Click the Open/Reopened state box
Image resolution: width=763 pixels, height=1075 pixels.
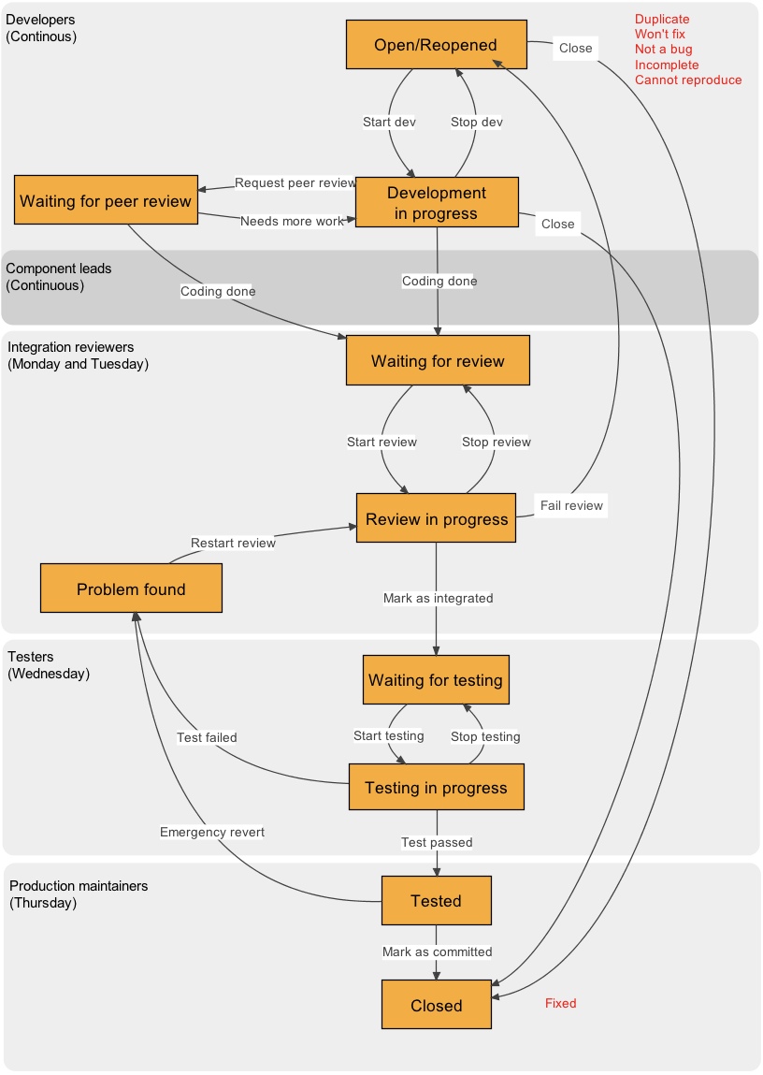pyautogui.click(x=436, y=45)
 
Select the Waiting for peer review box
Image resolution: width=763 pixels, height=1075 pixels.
pyautogui.click(x=106, y=200)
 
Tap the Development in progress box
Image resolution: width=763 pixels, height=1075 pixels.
pyautogui.click(x=437, y=203)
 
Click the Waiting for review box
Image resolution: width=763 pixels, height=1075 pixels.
pyautogui.click(x=438, y=361)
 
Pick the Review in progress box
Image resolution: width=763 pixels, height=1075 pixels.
pyautogui.click(x=436, y=519)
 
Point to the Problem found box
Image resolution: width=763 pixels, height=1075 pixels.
pyautogui.click(x=131, y=588)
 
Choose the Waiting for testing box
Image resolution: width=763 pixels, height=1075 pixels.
pyautogui.click(x=436, y=680)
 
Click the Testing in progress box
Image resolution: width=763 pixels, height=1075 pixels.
pyautogui.click(x=436, y=787)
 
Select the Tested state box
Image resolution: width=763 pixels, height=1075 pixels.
pyautogui.click(x=436, y=901)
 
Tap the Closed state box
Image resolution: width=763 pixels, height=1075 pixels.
pyautogui.click(x=436, y=1006)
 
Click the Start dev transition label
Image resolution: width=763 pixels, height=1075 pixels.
pyautogui.click(x=389, y=122)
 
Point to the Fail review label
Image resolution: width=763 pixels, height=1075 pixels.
pyautogui.click(x=571, y=505)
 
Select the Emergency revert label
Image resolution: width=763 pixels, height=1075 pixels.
pyautogui.click(x=212, y=832)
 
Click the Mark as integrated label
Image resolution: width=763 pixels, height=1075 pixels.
pyautogui.click(x=438, y=598)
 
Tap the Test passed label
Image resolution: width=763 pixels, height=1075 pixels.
pyautogui.click(x=437, y=842)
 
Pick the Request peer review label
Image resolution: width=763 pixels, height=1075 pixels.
pyautogui.click(x=295, y=182)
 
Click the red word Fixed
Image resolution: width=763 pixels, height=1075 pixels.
pyautogui.click(x=561, y=1003)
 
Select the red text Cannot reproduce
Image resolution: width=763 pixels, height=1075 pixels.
pyautogui.click(x=688, y=80)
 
